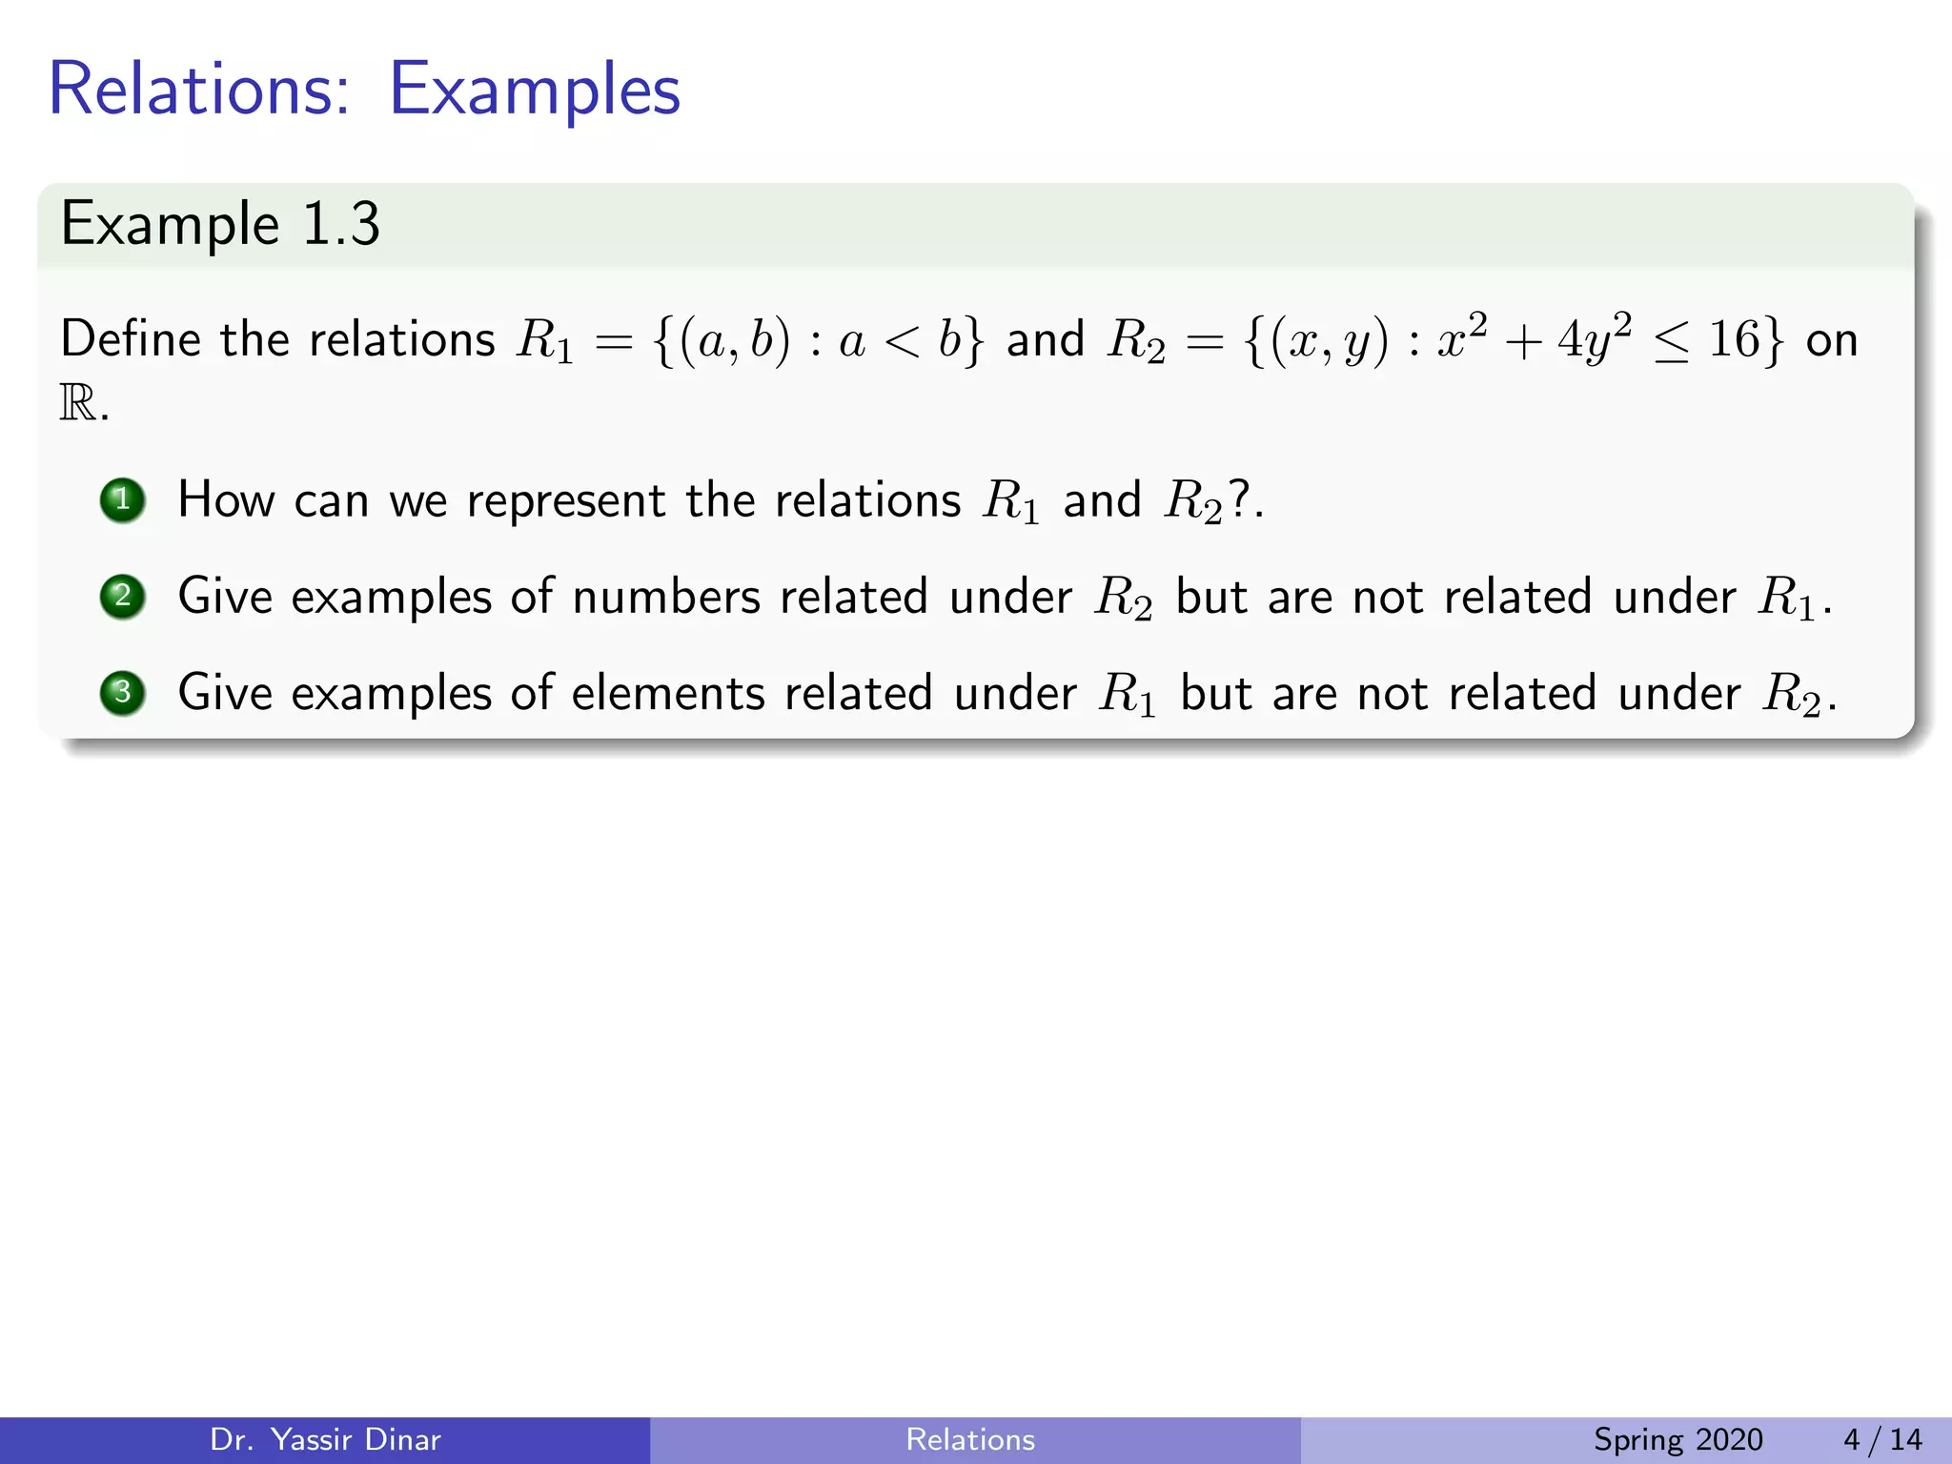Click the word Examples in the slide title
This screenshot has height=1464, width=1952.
click(x=534, y=91)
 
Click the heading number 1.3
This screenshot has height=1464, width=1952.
click(x=340, y=226)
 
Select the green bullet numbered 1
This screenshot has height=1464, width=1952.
click(x=122, y=500)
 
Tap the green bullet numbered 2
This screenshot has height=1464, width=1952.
click(x=122, y=597)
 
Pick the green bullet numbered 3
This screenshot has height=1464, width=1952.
click(x=122, y=693)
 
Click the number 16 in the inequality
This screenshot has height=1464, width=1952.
click(x=1733, y=340)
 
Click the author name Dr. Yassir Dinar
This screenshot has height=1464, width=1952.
click(x=325, y=1439)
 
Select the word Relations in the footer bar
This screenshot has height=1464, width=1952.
click(x=970, y=1439)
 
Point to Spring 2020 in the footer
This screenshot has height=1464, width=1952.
click(x=1677, y=1439)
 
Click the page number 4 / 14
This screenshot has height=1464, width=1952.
click(x=1882, y=1439)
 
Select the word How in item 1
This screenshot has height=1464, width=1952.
click(x=226, y=501)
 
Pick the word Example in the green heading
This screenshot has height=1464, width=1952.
click(x=170, y=226)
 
